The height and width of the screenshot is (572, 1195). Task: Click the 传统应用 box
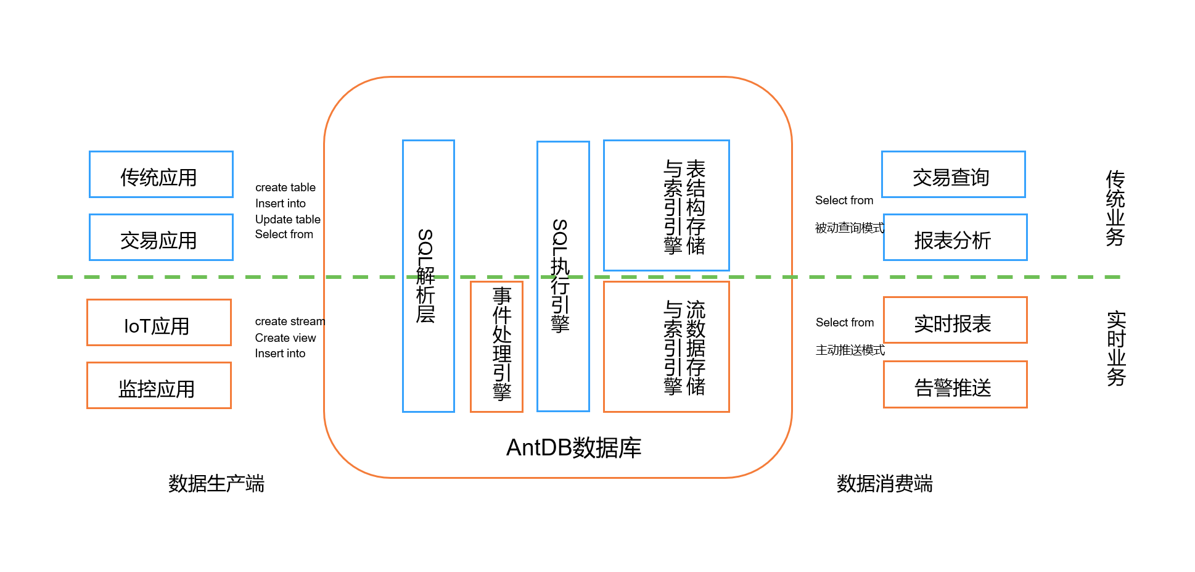(161, 175)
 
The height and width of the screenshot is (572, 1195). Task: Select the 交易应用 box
(161, 238)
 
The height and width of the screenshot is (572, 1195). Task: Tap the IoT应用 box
(158, 323)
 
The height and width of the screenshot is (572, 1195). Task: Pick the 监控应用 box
(158, 386)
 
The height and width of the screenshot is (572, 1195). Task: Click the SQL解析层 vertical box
(428, 276)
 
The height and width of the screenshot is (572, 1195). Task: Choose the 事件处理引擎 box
(496, 346)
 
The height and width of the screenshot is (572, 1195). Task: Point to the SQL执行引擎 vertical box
(563, 276)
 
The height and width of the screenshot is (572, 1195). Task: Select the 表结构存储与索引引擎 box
(666, 205)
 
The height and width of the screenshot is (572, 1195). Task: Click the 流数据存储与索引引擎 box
(666, 346)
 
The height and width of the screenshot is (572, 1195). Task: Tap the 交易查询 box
(953, 175)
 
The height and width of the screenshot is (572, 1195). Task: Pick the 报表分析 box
(955, 238)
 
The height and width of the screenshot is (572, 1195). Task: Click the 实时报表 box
(955, 320)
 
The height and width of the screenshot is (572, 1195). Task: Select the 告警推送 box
(955, 384)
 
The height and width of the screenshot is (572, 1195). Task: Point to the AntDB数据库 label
(573, 447)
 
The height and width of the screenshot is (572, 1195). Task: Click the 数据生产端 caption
(216, 484)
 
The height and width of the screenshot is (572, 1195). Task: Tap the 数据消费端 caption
(884, 484)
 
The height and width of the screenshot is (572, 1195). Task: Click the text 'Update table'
(287, 219)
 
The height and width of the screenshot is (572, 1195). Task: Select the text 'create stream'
(290, 321)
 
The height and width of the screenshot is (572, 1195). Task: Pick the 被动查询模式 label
(849, 228)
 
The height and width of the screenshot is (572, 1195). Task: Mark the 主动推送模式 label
(850, 350)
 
